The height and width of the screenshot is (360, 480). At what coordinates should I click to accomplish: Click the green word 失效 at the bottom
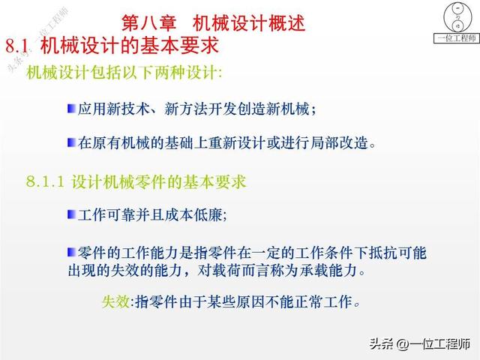point(115,302)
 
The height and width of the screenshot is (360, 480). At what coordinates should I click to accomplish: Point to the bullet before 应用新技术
point(71,108)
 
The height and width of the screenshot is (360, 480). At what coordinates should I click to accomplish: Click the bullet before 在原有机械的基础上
point(71,141)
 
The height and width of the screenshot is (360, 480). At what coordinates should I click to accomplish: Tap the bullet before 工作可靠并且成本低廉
point(71,214)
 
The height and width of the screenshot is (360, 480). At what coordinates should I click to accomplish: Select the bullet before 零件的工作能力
point(71,250)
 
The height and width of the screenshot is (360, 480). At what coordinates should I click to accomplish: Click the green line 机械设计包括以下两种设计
point(124,73)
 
